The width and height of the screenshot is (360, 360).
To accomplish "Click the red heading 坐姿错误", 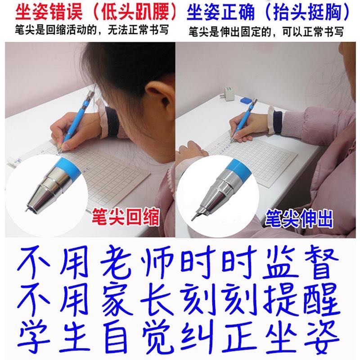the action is point(49,12).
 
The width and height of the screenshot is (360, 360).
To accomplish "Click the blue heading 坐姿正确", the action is point(220,12).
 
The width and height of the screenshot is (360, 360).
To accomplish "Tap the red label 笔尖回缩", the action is point(126,217).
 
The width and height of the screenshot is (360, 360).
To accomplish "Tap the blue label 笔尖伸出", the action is point(299,218).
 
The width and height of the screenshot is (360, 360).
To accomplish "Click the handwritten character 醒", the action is point(321,298).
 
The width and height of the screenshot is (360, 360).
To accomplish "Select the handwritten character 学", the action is point(34,336).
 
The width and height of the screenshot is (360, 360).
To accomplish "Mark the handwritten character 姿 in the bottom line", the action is point(322,336).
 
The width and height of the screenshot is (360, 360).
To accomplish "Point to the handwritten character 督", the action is point(321,261).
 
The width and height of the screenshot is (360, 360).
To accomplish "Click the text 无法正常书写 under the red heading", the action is point(138,30).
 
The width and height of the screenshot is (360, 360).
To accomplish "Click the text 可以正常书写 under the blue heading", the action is point(313,31).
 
